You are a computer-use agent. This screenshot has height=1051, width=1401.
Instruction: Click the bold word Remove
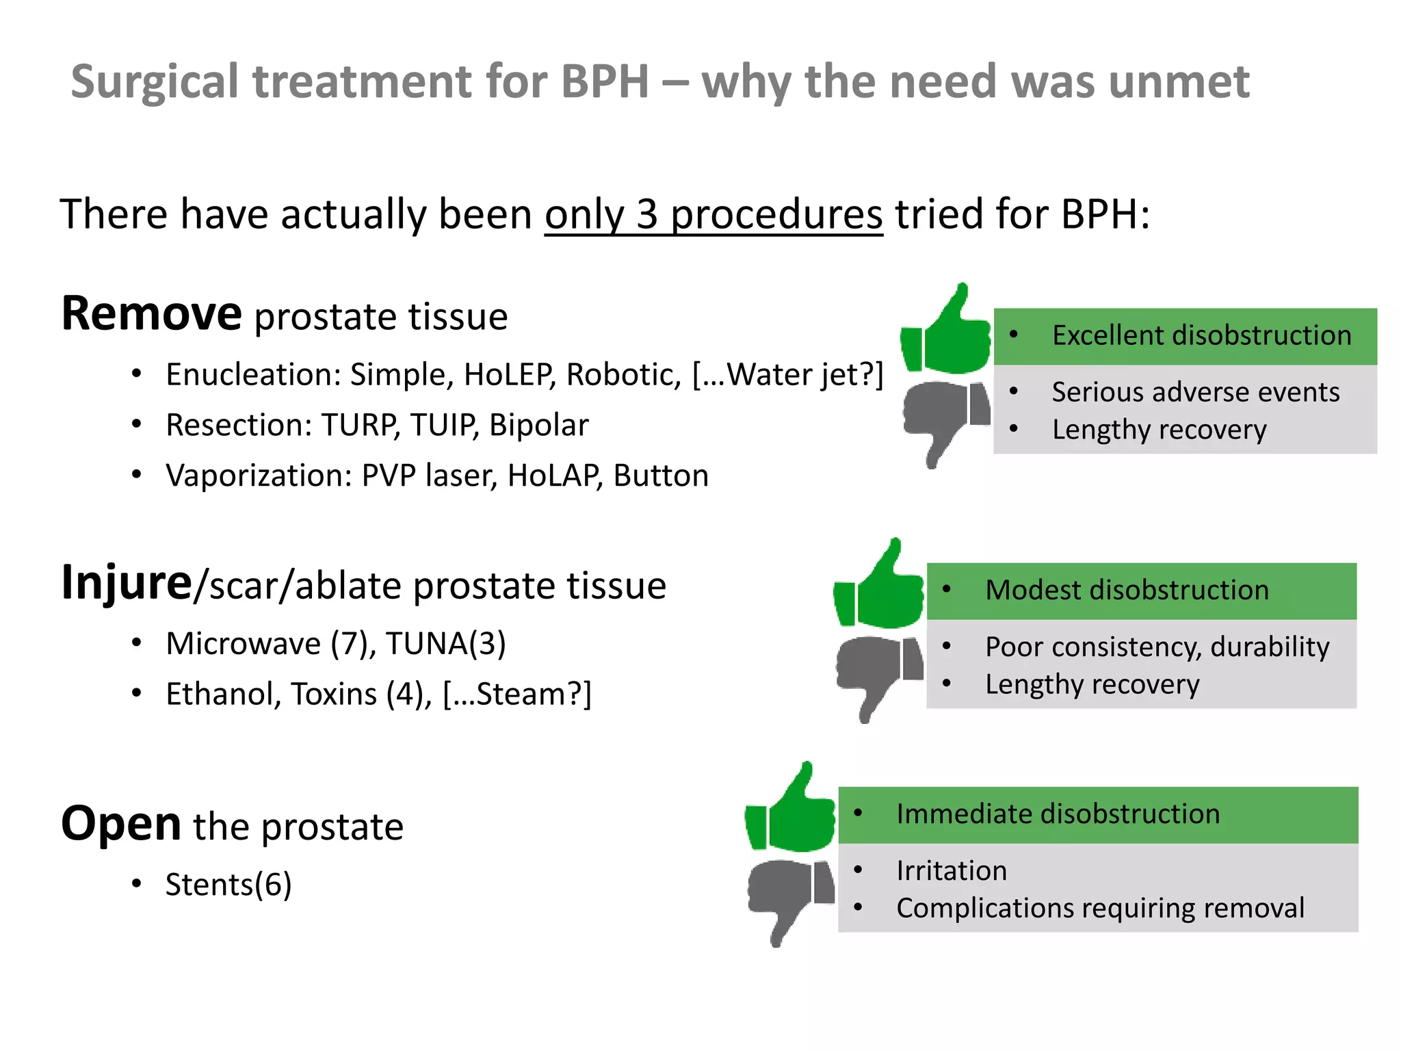tap(151, 313)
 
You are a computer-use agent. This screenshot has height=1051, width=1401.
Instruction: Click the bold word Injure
tap(127, 584)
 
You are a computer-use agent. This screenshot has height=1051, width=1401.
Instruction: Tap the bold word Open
tap(121, 823)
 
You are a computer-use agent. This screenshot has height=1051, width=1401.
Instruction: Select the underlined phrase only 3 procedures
tap(713, 214)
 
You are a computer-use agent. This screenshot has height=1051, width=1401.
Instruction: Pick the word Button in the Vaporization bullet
tap(661, 476)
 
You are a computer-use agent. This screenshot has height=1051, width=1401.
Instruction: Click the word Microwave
tap(244, 644)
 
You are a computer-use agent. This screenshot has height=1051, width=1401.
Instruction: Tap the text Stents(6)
tap(228, 885)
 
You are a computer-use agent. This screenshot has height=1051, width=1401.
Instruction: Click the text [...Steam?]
tap(517, 694)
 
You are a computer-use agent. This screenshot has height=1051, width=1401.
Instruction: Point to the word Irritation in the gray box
tap(952, 871)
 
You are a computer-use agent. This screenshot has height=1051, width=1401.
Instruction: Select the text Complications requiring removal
tap(1100, 908)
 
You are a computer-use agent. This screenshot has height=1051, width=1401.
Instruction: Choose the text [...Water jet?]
tap(788, 375)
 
